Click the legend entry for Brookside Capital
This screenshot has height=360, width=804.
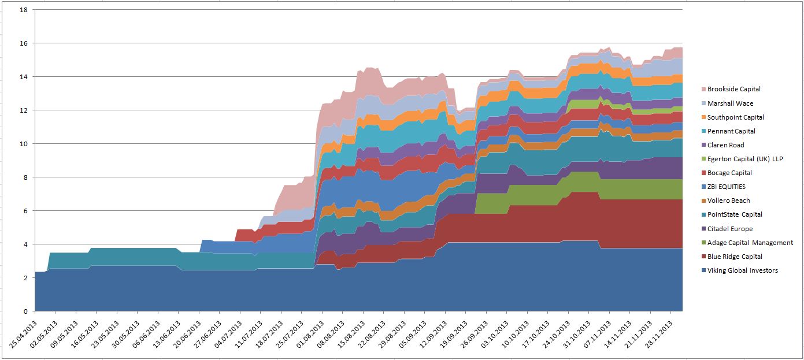click(x=733, y=90)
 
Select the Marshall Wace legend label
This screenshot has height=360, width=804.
click(x=730, y=103)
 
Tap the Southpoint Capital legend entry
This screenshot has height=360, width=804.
click(x=735, y=117)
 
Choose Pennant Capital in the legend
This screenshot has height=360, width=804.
click(x=731, y=131)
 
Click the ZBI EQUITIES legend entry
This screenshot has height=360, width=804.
click(x=726, y=187)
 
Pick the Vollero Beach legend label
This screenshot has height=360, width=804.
click(x=728, y=201)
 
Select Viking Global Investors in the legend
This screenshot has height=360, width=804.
click(x=742, y=270)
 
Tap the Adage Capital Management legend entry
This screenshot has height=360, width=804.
click(x=750, y=243)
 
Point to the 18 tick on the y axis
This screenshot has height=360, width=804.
click(x=24, y=10)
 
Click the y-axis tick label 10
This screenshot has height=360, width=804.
click(x=24, y=144)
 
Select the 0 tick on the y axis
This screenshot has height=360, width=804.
click(x=26, y=311)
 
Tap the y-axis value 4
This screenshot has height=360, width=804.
click(x=26, y=244)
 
